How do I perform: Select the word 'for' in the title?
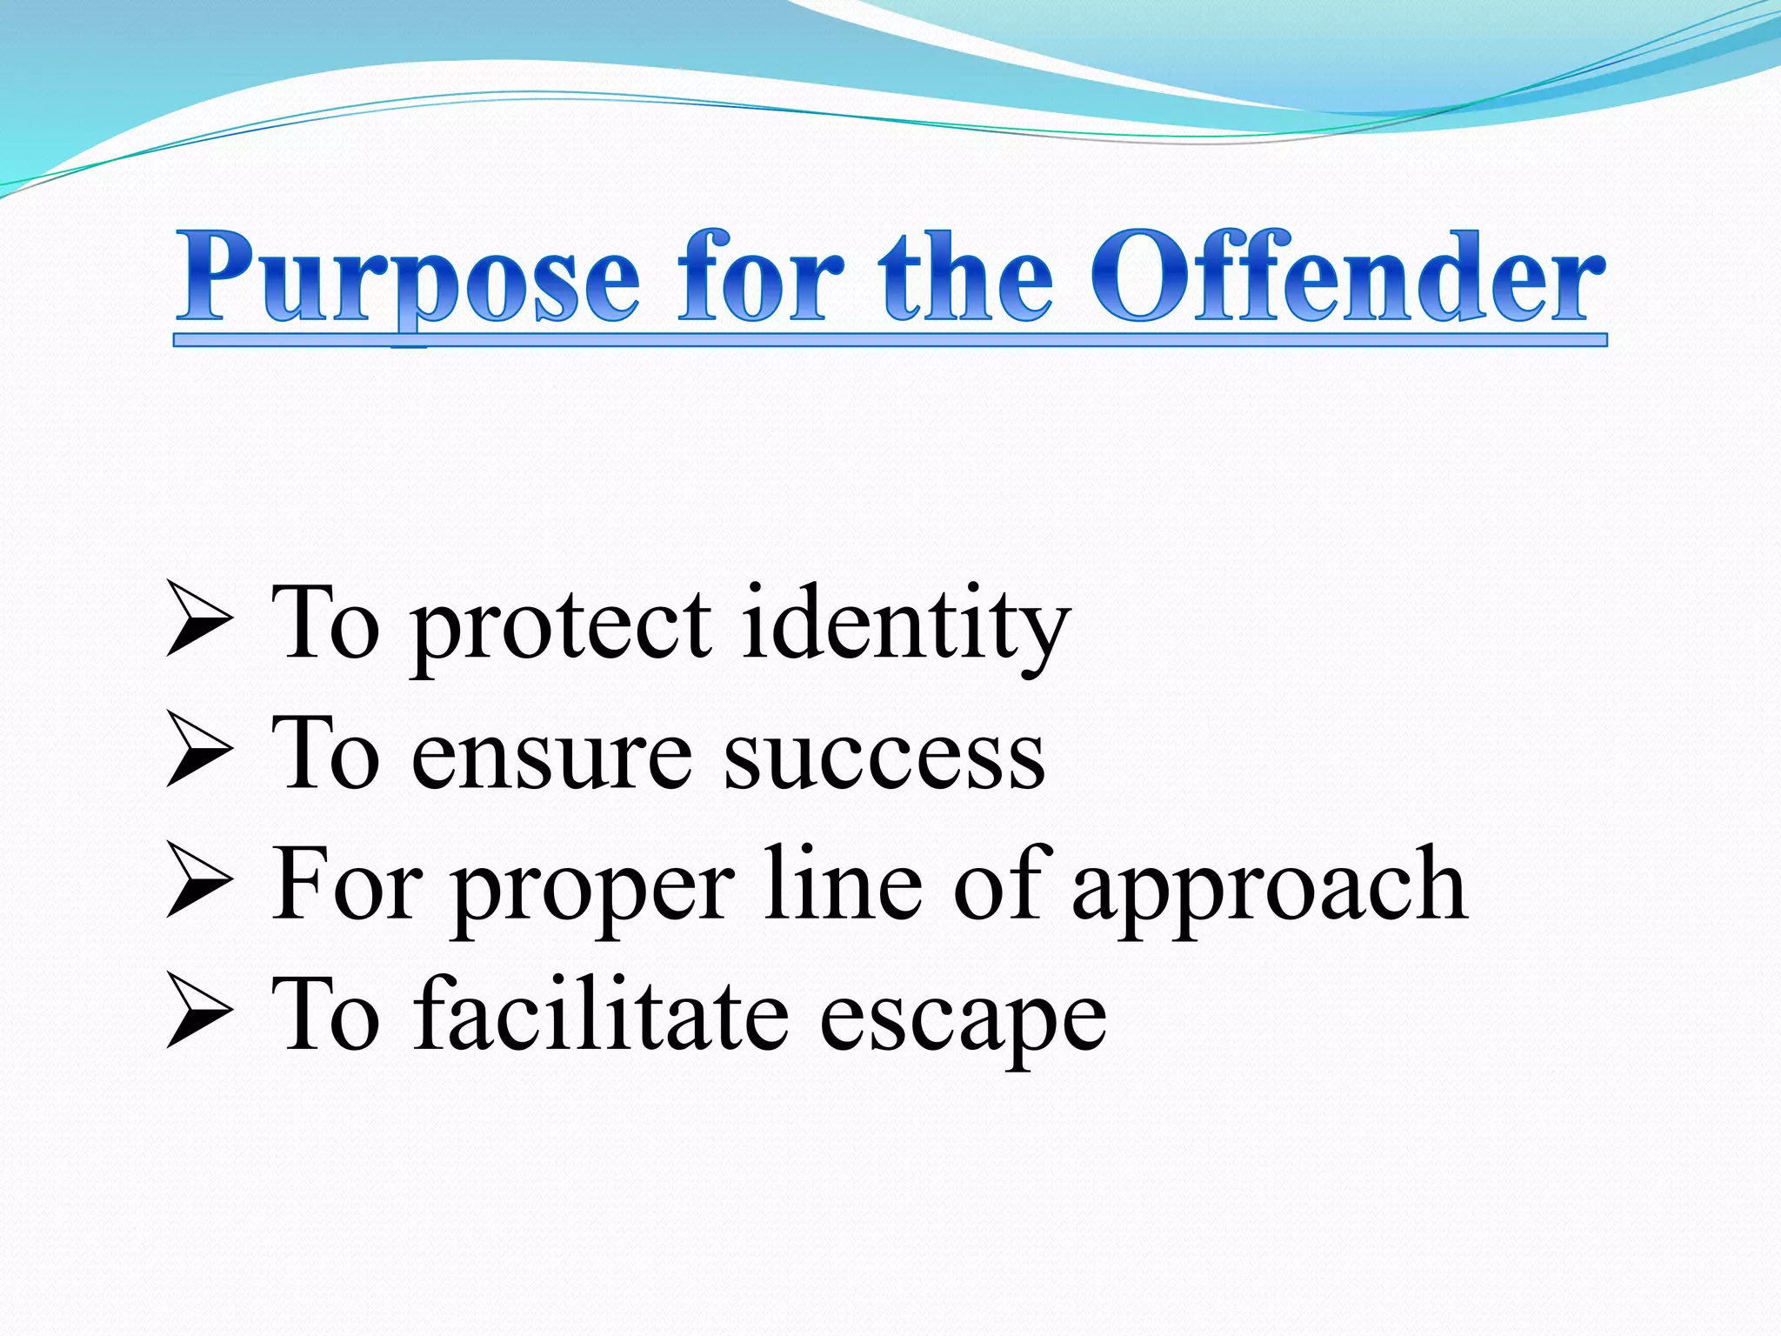760,277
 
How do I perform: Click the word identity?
905,625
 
